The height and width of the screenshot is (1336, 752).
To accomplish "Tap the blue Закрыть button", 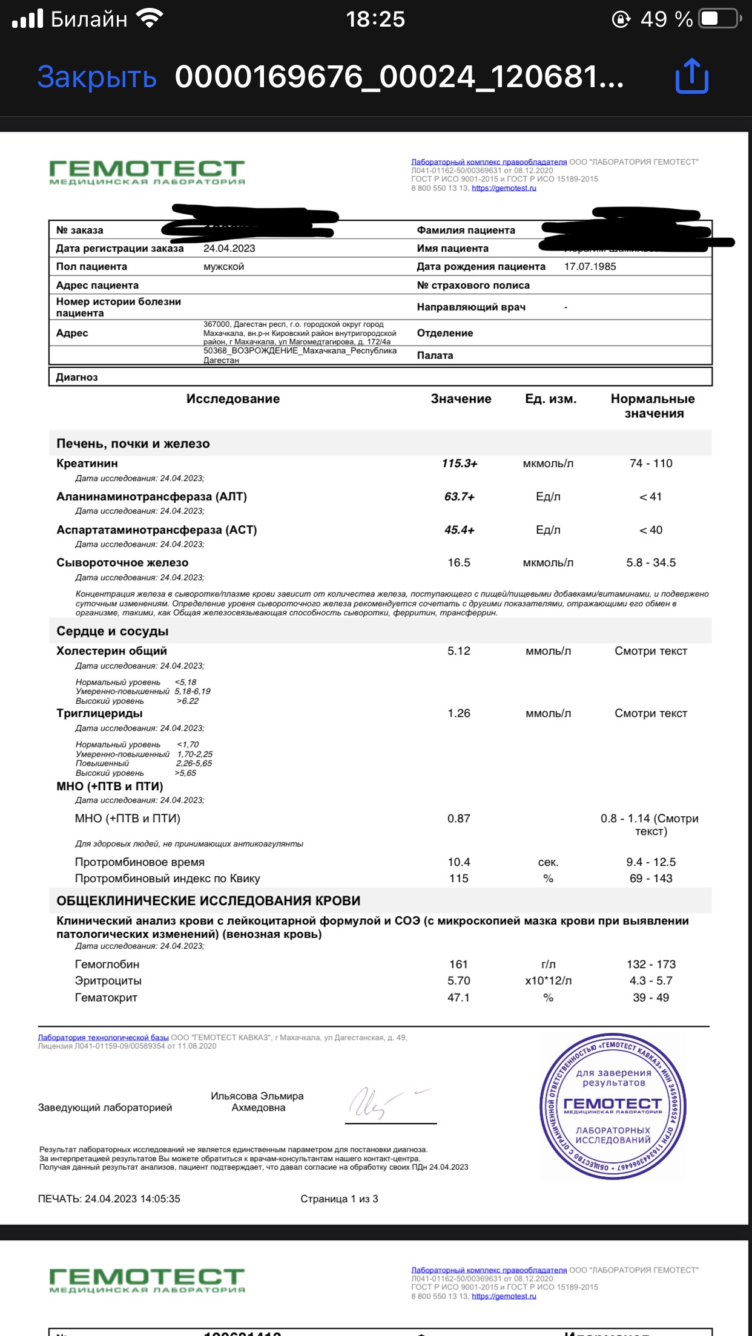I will point(97,77).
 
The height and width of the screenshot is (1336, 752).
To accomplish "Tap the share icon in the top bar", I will point(691,76).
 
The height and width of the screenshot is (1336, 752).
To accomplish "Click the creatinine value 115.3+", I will point(460,463).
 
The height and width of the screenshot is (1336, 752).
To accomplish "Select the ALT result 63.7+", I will point(459,497).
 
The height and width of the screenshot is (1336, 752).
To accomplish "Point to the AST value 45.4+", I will point(459,530).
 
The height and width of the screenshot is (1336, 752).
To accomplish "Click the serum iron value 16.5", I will point(459,563).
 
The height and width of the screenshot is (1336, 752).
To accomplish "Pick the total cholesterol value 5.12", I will point(459,651).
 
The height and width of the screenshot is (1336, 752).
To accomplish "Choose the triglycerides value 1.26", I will point(459,713).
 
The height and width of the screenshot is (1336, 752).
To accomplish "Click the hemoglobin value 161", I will point(458,964).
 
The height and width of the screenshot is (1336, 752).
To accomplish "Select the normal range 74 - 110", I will point(651,463).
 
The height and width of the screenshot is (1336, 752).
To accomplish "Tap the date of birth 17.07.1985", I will point(590,267).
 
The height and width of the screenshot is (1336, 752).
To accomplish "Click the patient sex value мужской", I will point(223,267).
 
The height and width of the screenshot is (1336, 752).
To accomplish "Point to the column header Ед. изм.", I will point(550,399).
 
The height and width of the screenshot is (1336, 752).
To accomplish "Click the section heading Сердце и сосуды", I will point(113,631).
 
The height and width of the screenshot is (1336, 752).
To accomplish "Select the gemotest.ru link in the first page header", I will point(504,188).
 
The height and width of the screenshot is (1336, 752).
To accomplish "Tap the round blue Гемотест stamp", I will point(613,1106).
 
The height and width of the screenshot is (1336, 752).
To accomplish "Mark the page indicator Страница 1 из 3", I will point(339,1199).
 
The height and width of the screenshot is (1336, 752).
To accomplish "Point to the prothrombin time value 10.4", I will point(459,862).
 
